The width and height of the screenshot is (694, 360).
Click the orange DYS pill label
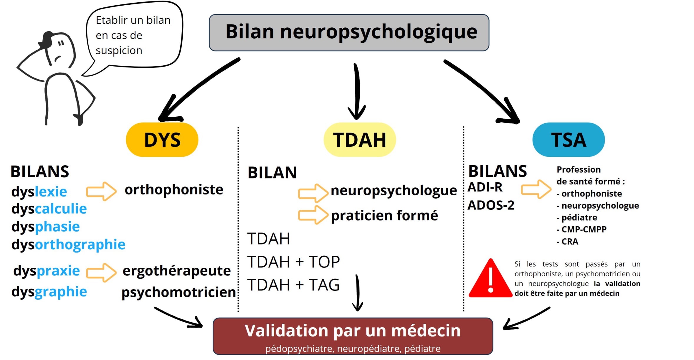coord(162,140)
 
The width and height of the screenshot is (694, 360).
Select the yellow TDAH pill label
coord(359,140)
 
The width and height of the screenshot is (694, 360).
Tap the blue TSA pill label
coord(568,140)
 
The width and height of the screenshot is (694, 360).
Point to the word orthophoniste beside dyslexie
coord(174,189)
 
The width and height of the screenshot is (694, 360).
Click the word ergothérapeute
coord(176,270)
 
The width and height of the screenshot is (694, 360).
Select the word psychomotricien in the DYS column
coord(179,292)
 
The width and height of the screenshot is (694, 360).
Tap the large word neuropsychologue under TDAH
coord(394,191)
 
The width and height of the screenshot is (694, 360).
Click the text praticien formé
coord(384,215)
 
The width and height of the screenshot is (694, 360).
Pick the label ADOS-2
coord(491,205)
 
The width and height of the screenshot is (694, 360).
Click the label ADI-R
coord(485,187)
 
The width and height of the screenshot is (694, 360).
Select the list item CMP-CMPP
coord(584,229)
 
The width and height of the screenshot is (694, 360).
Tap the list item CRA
coord(569,242)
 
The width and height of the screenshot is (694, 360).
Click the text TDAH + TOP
coord(293,262)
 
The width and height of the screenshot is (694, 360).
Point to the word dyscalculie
coord(49,209)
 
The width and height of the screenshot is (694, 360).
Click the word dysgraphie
coord(49,292)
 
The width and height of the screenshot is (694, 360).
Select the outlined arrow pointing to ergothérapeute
coord(101,273)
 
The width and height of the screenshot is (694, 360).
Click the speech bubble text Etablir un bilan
coord(133,20)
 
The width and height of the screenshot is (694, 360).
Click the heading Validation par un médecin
coord(353,331)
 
